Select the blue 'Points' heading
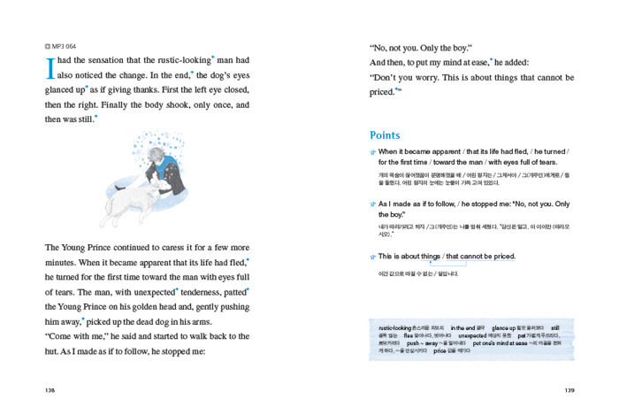coord(385,135)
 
